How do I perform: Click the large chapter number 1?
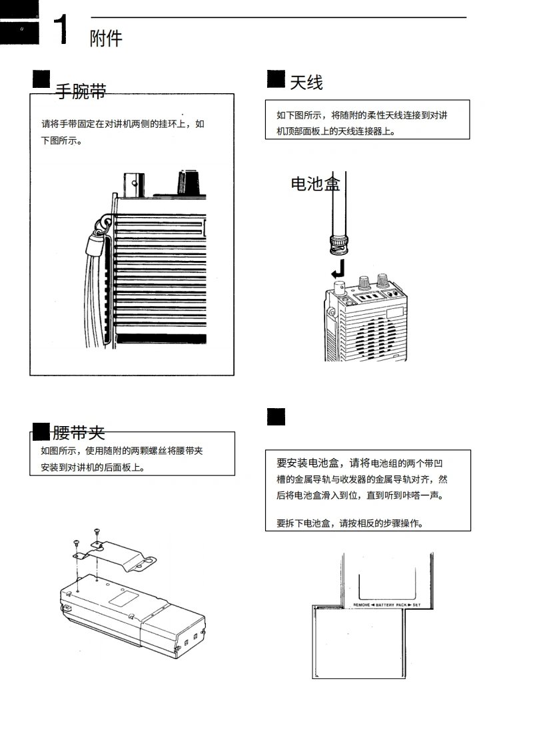pos(61,31)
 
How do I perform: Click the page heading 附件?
pos(106,39)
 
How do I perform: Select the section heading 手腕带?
pos(80,91)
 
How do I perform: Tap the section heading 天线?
pos(306,83)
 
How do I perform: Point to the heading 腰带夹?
pos(79,433)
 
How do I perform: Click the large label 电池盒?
pos(315,184)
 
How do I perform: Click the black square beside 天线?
pos(276,79)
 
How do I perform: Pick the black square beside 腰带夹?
pos(41,431)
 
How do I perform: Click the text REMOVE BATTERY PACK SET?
pos(387,604)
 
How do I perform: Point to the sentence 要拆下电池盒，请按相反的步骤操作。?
pos(350,523)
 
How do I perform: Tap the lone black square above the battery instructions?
pos(276,417)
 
